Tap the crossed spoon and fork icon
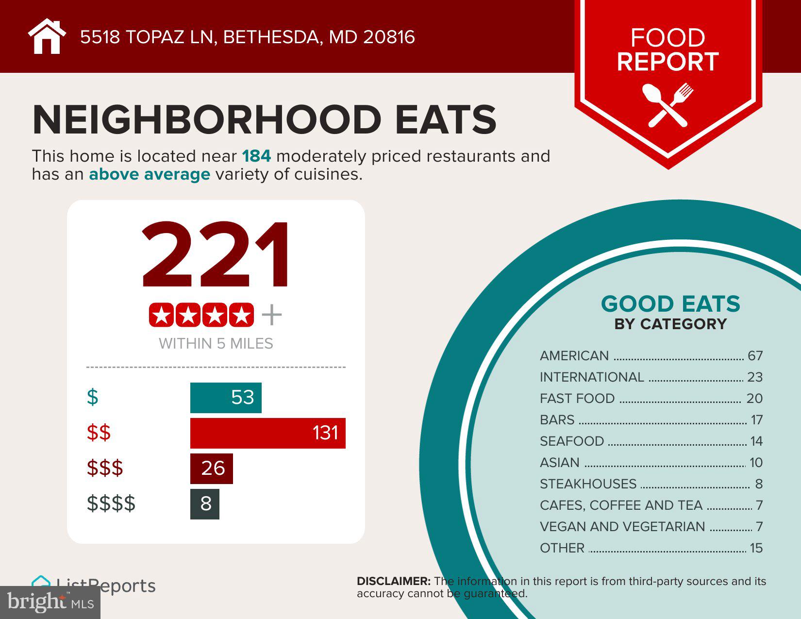tap(667, 105)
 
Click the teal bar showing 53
tap(226, 398)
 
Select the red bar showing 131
tap(267, 433)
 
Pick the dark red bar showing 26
tap(212, 468)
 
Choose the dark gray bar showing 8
tap(205, 504)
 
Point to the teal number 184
tap(256, 156)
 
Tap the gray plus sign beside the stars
tap(271, 315)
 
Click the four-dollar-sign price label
tap(111, 503)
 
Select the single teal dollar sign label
tap(92, 397)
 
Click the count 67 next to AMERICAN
tap(755, 356)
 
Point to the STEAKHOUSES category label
tap(588, 484)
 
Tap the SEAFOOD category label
tap(572, 441)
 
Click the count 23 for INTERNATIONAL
tap(755, 377)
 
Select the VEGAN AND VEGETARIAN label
tap(622, 527)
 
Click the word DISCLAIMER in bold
tap(394, 581)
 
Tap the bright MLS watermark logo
tap(50, 602)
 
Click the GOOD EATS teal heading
tap(670, 304)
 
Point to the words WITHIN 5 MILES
tap(216, 344)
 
